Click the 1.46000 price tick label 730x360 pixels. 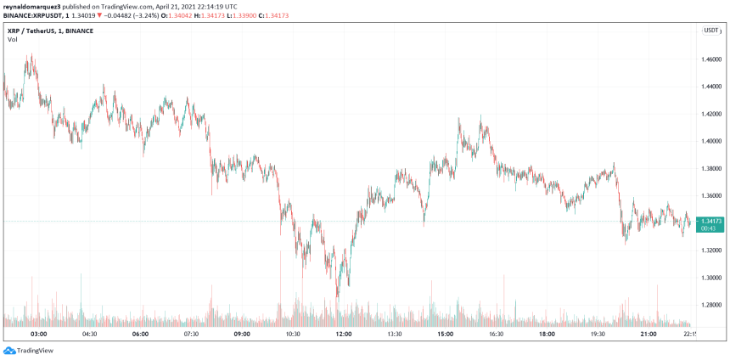(711, 59)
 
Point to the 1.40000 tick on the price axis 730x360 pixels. (711, 141)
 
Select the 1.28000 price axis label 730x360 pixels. (711, 305)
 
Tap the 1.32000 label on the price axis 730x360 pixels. (711, 250)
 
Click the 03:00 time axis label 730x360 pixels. (38, 335)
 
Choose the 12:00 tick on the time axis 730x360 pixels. (344, 335)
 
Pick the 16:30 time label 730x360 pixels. (496, 335)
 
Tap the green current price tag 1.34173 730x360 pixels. (710, 222)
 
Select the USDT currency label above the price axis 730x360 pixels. (710, 31)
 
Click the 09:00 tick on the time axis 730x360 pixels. (242, 335)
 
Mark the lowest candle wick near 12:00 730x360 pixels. (338, 296)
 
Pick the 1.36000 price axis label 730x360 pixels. (711, 195)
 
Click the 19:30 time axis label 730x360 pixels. (598, 335)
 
